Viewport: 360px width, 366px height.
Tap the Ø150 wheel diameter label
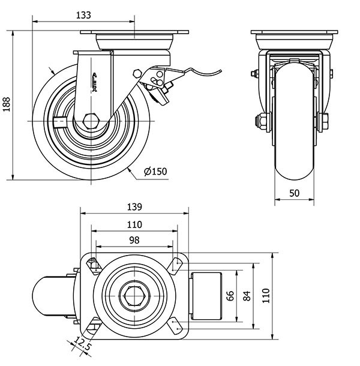pyautogui.click(x=155, y=172)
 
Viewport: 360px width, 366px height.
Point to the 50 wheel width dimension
pyautogui.click(x=295, y=193)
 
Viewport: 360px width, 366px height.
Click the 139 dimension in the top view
pyautogui.click(x=134, y=207)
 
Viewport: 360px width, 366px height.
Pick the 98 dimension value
pyautogui.click(x=134, y=240)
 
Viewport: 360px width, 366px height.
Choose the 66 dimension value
pyautogui.click(x=229, y=295)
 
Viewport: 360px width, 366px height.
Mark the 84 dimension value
pyautogui.click(x=246, y=295)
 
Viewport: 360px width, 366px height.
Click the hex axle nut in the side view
pyautogui.click(x=91, y=120)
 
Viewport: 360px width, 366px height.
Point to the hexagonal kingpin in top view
pyautogui.click(x=134, y=295)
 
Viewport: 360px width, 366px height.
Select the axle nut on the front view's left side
pyautogui.click(x=262, y=121)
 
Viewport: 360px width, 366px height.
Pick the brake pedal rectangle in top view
pyautogui.click(x=207, y=295)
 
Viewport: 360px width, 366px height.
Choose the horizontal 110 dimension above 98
pyautogui.click(x=134, y=224)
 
